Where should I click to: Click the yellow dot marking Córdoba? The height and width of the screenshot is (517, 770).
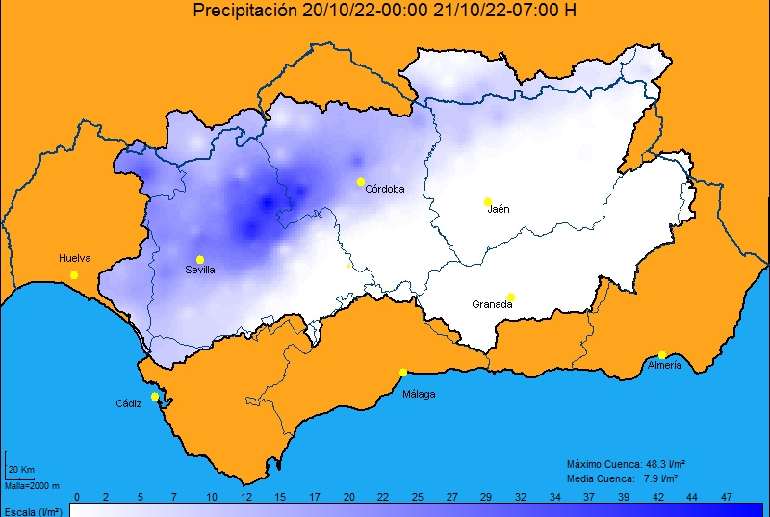[x=361, y=182]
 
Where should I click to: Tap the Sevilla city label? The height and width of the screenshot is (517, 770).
[x=200, y=271]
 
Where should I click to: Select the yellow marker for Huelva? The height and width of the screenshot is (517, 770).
[x=74, y=275]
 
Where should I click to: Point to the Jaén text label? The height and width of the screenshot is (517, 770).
[x=499, y=209]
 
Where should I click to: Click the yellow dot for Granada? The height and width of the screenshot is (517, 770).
[x=511, y=297]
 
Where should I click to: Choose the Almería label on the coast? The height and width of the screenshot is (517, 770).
[x=665, y=366]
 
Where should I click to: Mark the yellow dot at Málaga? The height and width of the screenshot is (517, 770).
[x=403, y=373]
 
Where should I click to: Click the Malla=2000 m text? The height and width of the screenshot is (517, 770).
[x=32, y=485]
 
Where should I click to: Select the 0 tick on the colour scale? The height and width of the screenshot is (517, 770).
[x=77, y=496]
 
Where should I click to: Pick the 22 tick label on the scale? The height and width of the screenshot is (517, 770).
[x=382, y=496]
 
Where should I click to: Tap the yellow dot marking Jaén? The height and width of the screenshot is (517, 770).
[x=488, y=201]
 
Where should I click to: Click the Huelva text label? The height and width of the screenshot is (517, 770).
[x=74, y=258]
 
